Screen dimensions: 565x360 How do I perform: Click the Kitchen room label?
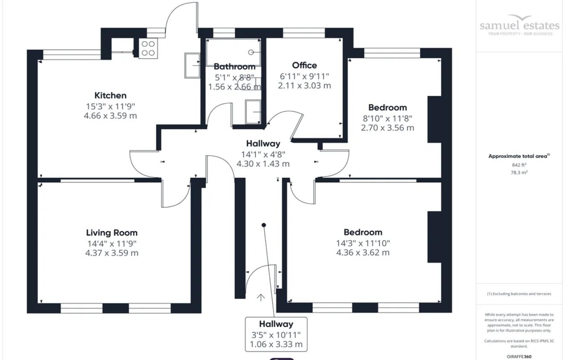point(110,95)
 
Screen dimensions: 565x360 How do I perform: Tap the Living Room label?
point(112,233)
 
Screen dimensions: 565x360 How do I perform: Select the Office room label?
point(304,65)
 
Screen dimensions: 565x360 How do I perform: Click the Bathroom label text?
point(235,67)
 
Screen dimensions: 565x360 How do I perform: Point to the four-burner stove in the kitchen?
point(148,48)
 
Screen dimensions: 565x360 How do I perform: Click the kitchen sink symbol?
point(192,65)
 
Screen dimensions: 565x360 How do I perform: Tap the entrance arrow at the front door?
point(261,298)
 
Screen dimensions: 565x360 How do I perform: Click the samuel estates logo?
point(519,25)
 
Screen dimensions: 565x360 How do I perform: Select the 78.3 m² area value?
point(519,172)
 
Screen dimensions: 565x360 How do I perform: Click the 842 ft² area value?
point(519,165)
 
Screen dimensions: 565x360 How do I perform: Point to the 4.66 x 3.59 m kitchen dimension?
point(110,116)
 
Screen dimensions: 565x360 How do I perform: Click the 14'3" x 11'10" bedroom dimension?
point(363,243)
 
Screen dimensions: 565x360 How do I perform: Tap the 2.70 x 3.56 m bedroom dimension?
point(387,127)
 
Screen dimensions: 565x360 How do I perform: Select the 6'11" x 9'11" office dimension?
point(304,76)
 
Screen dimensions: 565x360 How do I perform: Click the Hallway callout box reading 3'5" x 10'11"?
point(276,334)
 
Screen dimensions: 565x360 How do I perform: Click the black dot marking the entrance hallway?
point(264,225)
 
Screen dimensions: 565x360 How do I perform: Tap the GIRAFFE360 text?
point(519,357)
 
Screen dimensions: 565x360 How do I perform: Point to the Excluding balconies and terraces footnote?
point(519,294)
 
